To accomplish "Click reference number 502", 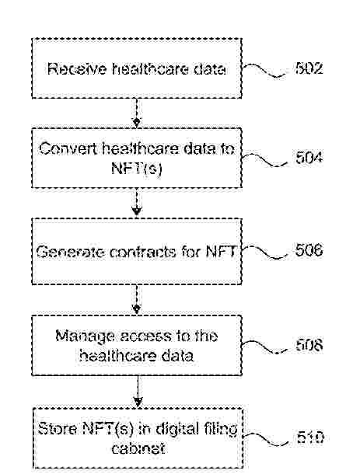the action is point(309,68).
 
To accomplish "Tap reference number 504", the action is point(309,158).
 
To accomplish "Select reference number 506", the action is point(309,250).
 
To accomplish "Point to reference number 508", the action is point(309,345).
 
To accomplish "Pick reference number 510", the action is point(310,437).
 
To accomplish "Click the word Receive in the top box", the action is point(77,69).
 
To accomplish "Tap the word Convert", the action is point(68,148).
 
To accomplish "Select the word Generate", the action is point(71,252).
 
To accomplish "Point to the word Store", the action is point(58,429).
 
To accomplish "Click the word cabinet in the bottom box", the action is point(138,448).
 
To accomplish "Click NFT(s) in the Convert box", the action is point(137,168).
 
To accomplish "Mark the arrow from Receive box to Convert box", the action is point(137,113).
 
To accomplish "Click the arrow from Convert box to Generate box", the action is point(137,201).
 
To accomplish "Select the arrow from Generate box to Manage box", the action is point(137,299).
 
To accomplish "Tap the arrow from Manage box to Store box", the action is point(138,391).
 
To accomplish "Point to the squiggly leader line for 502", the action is point(264,70).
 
